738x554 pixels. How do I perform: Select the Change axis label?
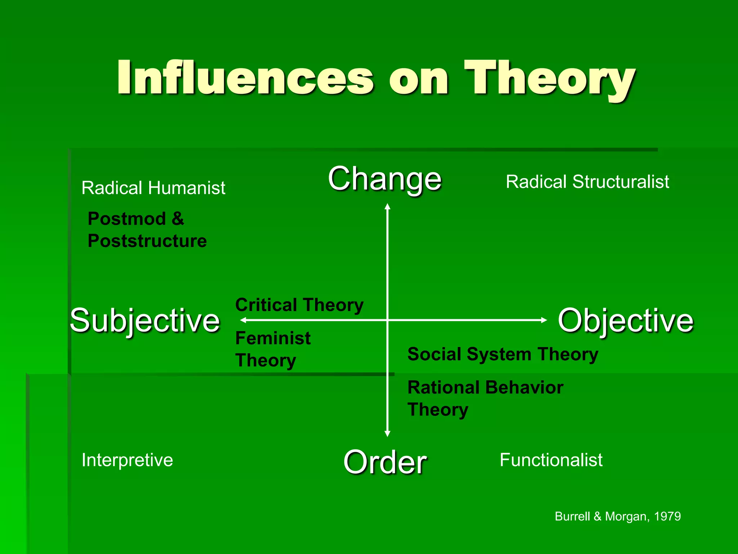coord(384,179)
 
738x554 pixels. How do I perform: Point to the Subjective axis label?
coord(145,321)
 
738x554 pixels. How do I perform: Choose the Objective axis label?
coord(626,321)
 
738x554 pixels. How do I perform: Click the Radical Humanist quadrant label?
coord(153,188)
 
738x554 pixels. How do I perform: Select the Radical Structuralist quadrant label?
coord(587,182)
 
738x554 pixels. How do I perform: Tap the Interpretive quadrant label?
coord(127,460)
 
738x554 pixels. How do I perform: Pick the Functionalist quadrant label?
coord(551,460)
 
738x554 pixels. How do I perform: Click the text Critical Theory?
coord(299,305)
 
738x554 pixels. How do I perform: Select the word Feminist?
coord(273,338)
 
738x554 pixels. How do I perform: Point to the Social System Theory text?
coord(503,354)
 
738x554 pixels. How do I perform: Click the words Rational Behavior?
coord(485,388)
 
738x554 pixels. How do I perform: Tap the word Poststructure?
coord(147,241)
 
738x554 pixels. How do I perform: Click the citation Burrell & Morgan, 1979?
coord(618,516)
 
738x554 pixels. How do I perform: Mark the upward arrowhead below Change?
coord(387,207)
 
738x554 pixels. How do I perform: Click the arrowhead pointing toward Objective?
coord(544,320)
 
